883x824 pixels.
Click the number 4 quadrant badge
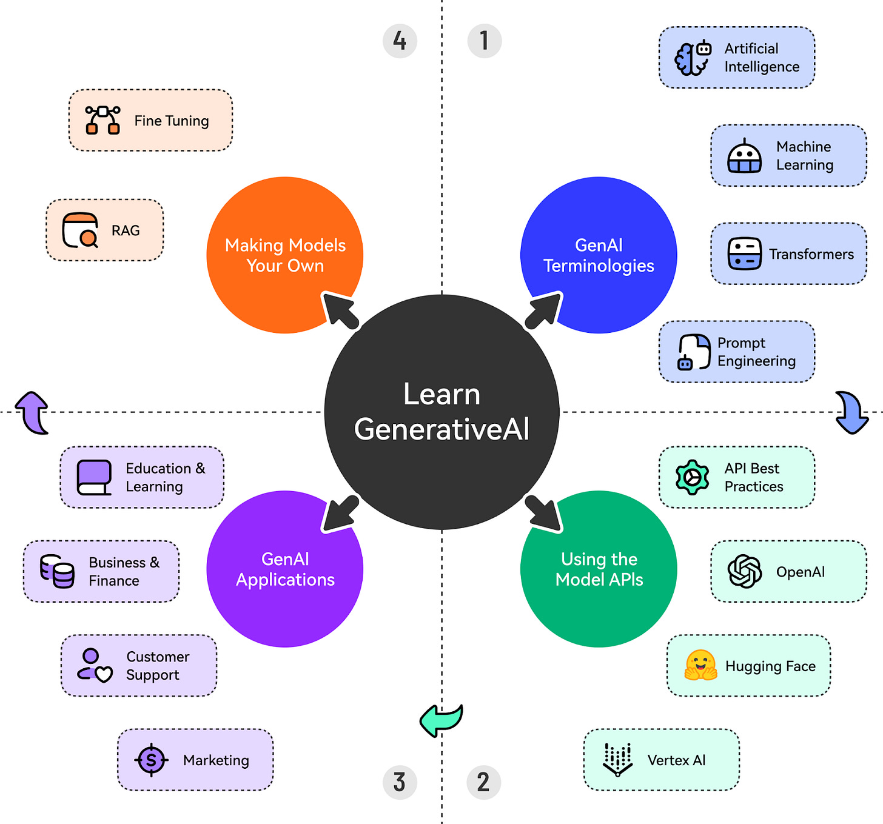tap(400, 41)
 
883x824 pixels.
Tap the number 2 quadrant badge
tap(483, 782)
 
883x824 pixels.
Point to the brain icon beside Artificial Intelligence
tap(692, 58)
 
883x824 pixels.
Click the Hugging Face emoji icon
tap(700, 666)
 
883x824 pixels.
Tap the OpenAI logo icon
tap(744, 571)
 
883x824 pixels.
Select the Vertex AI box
tap(661, 760)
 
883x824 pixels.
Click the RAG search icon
tap(81, 230)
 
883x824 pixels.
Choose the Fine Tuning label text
tap(172, 121)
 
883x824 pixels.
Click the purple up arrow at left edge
tap(32, 412)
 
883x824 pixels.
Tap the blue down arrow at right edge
tap(851, 412)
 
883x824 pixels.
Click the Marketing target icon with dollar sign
tap(151, 760)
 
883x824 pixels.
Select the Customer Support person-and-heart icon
tap(95, 666)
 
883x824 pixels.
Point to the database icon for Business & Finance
tap(58, 571)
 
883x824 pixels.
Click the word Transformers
tap(811, 254)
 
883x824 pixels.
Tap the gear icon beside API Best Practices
tap(692, 477)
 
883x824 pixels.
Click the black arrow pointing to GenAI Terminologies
tap(544, 310)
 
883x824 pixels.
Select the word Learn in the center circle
tap(441, 394)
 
